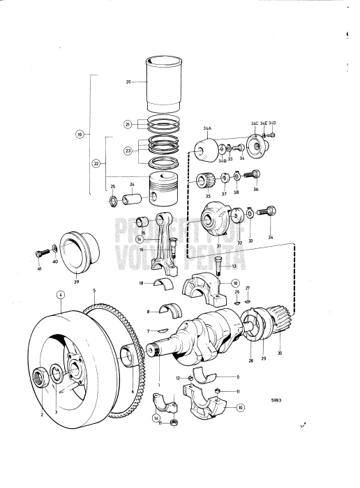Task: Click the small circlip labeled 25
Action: pos(113,203)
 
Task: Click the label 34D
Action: pos(273,123)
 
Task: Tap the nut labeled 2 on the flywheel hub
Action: pos(40,379)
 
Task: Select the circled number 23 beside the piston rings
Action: pos(128,151)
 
